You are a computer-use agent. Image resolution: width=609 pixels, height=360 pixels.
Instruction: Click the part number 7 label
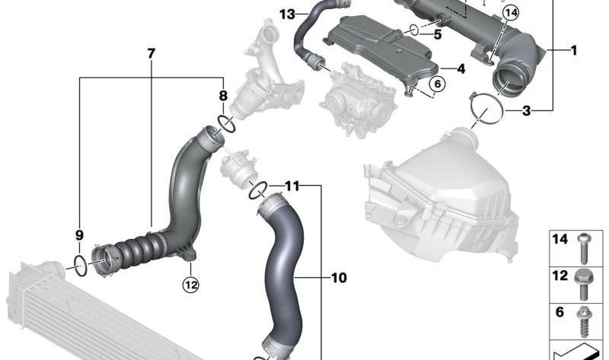(x=151, y=53)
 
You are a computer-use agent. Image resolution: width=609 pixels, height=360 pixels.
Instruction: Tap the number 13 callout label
(x=288, y=14)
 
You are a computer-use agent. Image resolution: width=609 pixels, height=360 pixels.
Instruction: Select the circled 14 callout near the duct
(x=510, y=13)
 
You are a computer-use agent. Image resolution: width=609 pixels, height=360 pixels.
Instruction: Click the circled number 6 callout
(x=437, y=84)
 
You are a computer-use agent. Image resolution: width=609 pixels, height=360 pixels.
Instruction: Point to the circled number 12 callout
(x=191, y=285)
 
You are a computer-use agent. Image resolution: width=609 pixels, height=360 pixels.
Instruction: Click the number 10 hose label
(x=339, y=278)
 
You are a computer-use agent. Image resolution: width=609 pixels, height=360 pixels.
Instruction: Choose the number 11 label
(x=292, y=186)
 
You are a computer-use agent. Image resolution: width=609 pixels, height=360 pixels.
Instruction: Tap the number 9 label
(x=79, y=235)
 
